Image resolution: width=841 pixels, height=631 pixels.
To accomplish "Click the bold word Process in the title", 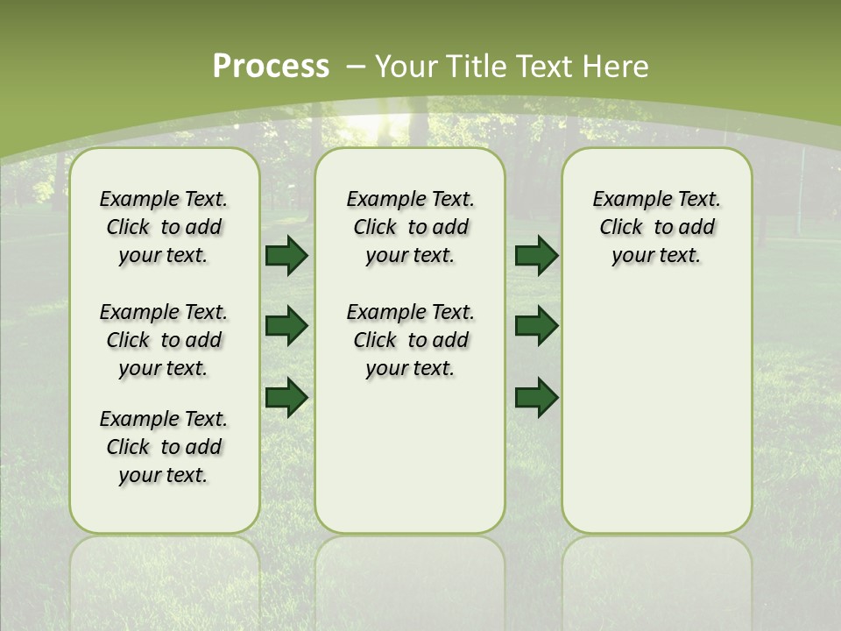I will (271, 67).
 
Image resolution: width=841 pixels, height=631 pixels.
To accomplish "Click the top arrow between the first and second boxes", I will (286, 256).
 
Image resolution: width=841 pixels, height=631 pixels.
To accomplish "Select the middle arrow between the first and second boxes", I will (286, 326).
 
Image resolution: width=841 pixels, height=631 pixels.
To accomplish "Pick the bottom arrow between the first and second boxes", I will (286, 397).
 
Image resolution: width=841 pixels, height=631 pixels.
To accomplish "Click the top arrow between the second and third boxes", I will (536, 256).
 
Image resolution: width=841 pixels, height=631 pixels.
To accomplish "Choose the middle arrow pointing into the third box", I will (536, 326).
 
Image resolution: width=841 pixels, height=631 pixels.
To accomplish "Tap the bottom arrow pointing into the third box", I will (536, 397).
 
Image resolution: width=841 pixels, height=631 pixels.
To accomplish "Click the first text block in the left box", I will (164, 227).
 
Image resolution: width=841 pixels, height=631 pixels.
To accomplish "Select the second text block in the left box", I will (164, 340).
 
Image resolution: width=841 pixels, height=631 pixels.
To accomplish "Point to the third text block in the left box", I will (164, 447).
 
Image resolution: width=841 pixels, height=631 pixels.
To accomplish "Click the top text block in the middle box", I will (410, 227).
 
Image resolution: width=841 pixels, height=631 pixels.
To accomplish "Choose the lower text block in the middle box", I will (410, 340).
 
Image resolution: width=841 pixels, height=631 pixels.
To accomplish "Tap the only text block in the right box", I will (656, 227).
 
